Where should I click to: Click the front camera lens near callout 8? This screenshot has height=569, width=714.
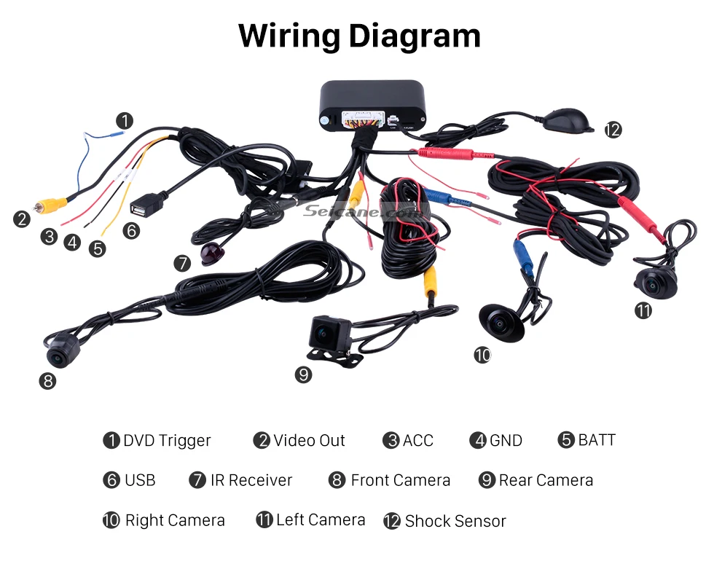tap(57, 356)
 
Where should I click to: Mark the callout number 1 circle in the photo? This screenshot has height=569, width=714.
tap(125, 120)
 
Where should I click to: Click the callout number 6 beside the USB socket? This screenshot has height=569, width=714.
tap(131, 231)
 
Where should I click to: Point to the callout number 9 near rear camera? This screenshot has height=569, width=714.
tap(304, 374)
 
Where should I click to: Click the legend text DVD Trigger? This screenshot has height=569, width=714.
tap(167, 441)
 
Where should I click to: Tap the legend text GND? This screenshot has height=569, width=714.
tap(506, 441)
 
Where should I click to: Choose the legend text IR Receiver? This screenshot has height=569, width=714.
tap(251, 481)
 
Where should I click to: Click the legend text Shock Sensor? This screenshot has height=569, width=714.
tap(455, 521)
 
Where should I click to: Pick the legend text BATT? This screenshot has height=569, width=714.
tap(597, 440)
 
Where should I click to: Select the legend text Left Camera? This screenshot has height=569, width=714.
tap(321, 520)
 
